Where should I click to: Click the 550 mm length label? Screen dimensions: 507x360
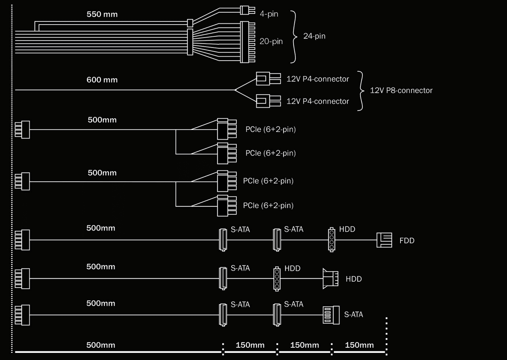tap(102, 14)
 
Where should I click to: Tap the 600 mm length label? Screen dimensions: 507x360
tap(102, 80)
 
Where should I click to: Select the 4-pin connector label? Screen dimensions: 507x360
tap(269, 14)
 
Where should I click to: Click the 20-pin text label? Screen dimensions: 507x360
tap(271, 42)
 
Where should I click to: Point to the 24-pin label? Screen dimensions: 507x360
tap(314, 36)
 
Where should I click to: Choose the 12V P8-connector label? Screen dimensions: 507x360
tap(401, 91)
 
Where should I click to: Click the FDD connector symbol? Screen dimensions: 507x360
tap(384, 240)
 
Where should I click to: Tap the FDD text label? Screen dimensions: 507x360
tap(407, 240)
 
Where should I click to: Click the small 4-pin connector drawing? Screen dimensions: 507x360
tap(248, 10)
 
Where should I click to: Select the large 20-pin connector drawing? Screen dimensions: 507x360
tap(248, 42)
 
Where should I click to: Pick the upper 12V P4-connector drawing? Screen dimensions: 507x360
tap(269, 78)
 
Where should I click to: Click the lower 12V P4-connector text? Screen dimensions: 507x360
tap(318, 101)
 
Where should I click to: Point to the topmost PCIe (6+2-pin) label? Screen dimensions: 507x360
tap(271, 130)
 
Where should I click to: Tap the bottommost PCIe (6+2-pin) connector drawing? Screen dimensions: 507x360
tap(227, 206)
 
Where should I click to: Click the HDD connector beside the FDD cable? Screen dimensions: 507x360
tap(332, 240)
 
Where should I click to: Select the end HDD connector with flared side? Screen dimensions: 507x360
tap(330, 279)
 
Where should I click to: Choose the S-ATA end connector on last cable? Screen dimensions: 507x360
tap(331, 315)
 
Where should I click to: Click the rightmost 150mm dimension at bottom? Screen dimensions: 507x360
tap(359, 345)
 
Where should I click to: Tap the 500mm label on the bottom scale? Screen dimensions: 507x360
tap(101, 345)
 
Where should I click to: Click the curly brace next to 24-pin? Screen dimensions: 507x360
tap(294, 37)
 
